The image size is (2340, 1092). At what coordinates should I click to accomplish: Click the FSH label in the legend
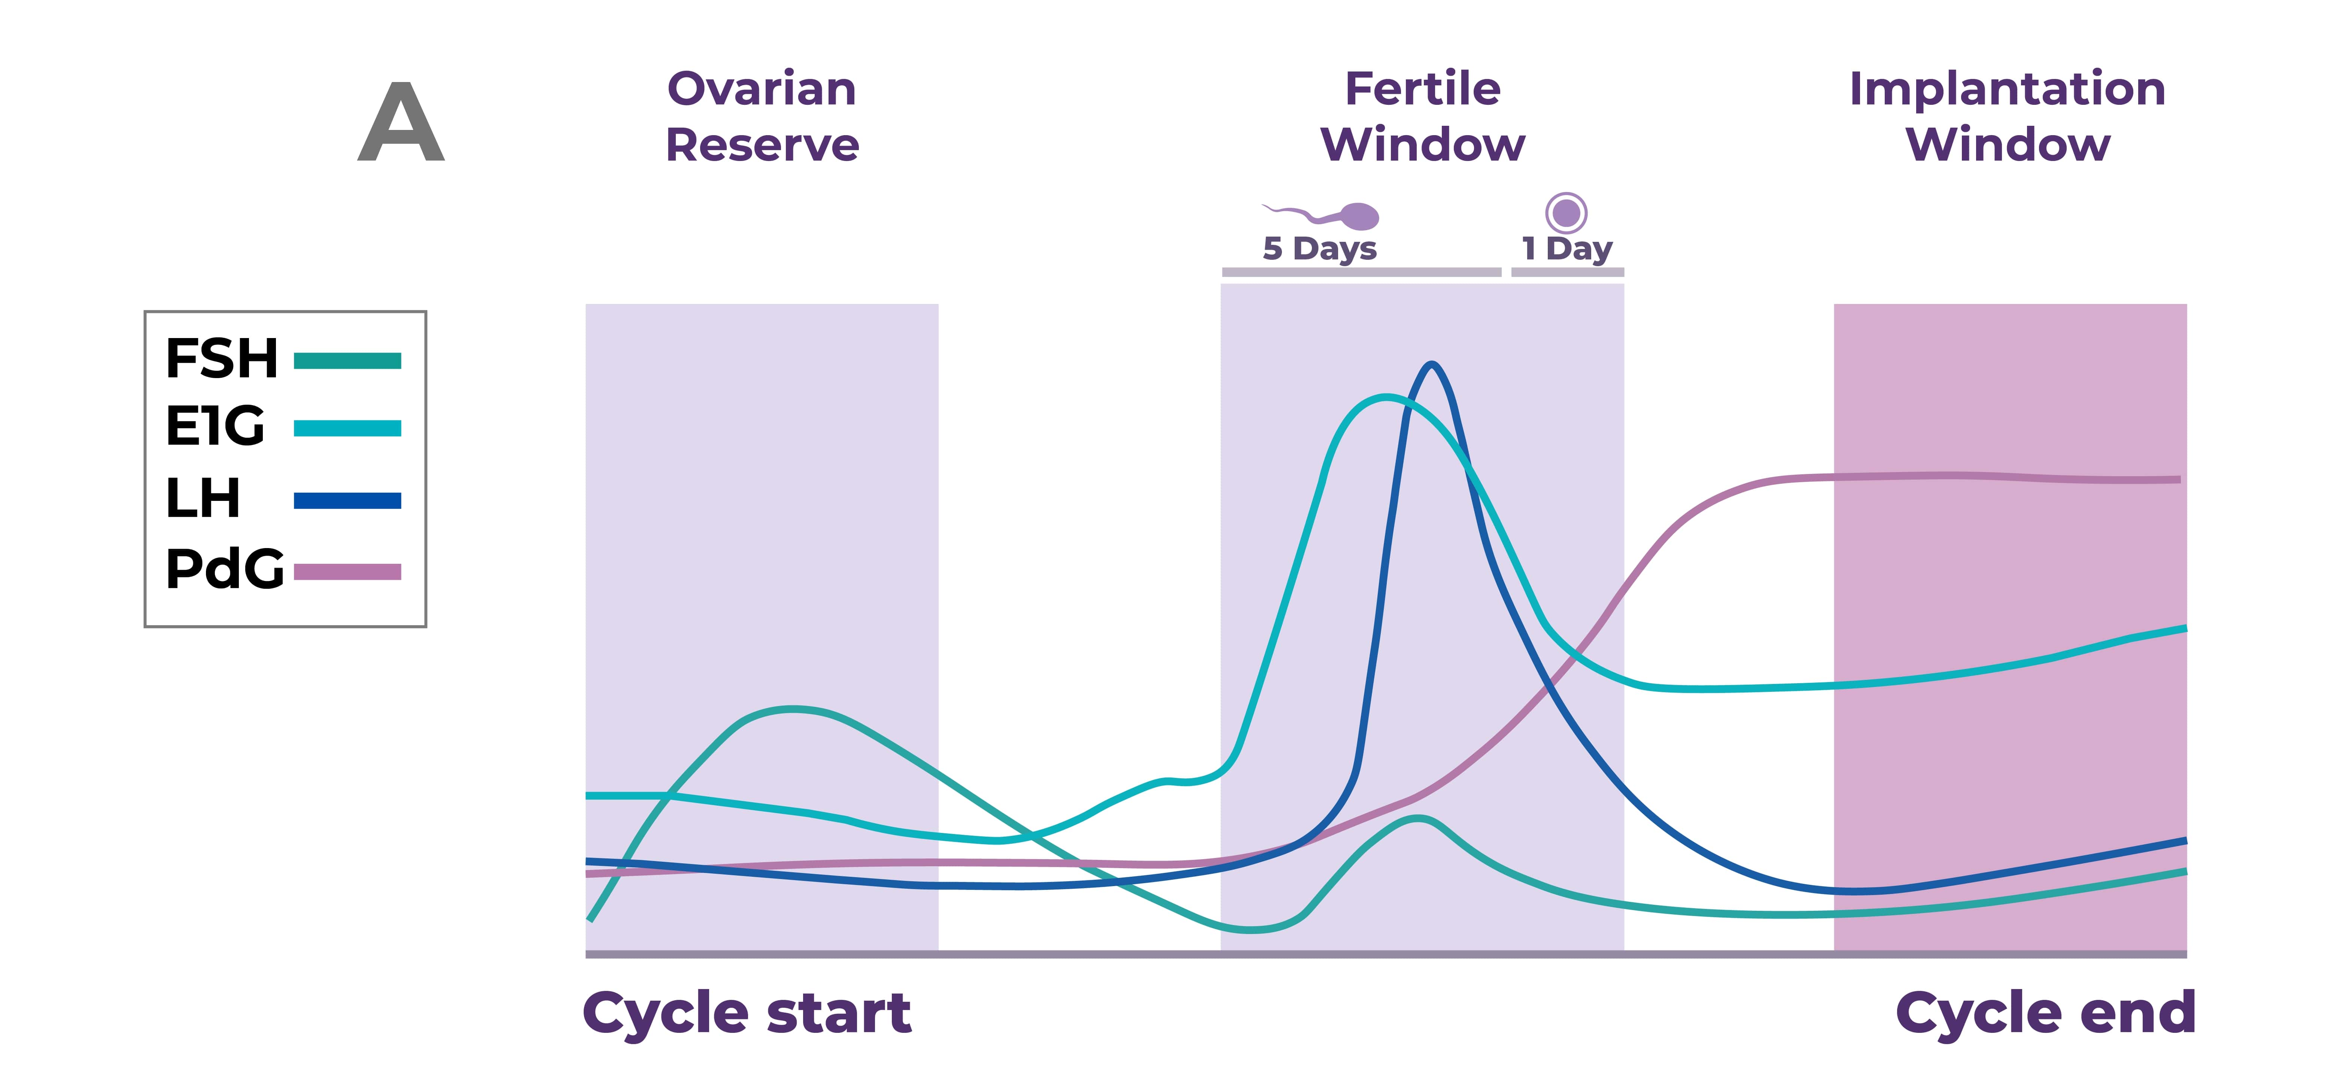pos(222,359)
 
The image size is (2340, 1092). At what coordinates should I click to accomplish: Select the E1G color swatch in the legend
pos(347,428)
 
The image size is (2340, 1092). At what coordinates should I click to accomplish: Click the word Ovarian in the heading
pos(761,89)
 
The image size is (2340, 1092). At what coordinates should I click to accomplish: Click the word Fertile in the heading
pos(1422,89)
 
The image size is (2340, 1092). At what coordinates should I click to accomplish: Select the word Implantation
pos(2008,89)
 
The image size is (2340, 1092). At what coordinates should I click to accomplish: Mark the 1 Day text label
pos(1567,248)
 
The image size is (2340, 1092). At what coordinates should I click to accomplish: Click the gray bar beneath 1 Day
pos(1567,272)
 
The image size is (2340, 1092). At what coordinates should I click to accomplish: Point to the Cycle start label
pos(747,1013)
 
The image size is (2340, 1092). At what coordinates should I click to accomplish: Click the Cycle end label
pos(2046,1013)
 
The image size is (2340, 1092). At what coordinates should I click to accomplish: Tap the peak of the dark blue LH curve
pos(1432,365)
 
